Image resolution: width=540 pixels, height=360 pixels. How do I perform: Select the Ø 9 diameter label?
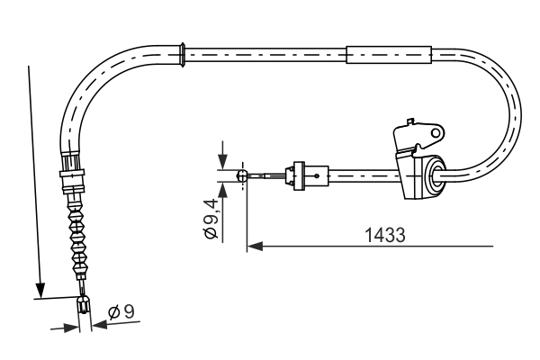(x=121, y=312)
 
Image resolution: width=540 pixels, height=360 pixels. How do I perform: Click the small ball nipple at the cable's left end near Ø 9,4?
(x=241, y=176)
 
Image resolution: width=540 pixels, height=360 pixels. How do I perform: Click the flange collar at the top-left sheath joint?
(x=184, y=54)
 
